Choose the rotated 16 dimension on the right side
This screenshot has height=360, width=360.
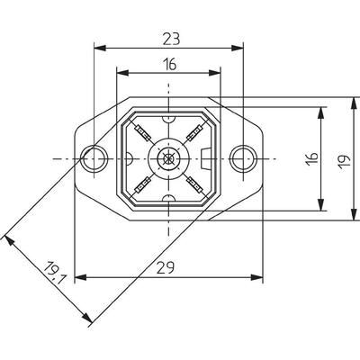(311, 160)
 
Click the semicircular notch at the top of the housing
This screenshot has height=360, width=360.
(168, 118)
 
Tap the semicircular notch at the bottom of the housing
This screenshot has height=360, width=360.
(168, 201)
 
